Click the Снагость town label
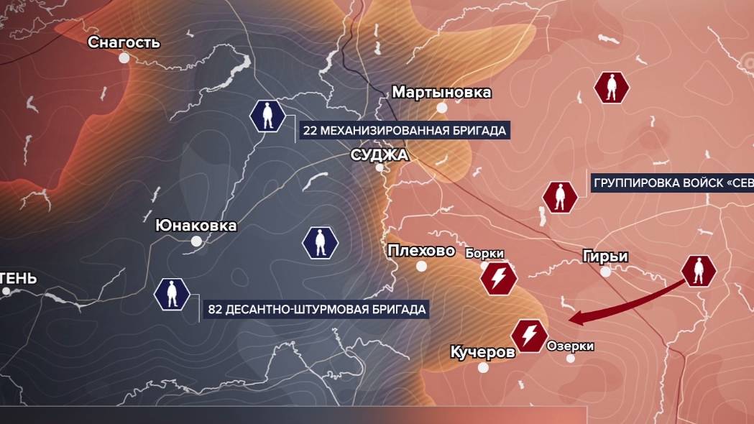(124, 42)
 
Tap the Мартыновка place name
(441, 92)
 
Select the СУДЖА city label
(380, 155)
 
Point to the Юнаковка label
(196, 226)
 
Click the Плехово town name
(421, 251)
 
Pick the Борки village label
(484, 253)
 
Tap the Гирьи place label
(606, 256)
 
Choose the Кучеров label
(482, 352)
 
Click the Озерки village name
(571, 346)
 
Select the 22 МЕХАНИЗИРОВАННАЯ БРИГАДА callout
(405, 130)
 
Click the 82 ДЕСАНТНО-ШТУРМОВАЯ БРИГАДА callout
(317, 310)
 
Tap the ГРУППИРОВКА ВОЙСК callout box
(671, 183)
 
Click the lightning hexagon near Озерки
(529, 336)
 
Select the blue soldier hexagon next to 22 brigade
(267, 116)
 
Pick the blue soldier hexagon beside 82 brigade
(173, 295)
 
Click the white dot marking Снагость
(124, 58)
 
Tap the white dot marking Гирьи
(606, 272)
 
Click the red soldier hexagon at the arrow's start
(699, 271)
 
